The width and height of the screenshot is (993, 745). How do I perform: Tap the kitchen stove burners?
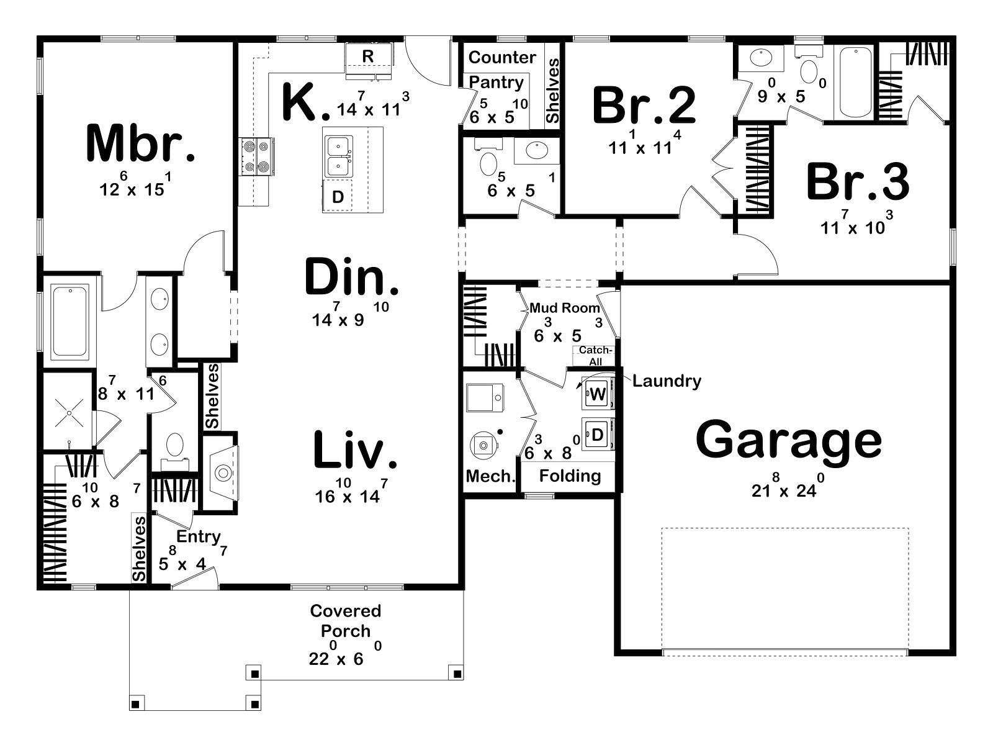click(256, 156)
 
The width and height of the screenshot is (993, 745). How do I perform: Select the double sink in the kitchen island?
click(338, 156)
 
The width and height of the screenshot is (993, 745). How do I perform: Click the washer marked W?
click(598, 394)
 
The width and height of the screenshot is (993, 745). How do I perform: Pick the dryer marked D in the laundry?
click(598, 435)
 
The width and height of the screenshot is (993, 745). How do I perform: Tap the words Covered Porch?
click(346, 621)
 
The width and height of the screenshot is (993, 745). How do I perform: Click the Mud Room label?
click(565, 308)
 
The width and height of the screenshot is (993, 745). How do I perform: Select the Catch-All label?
click(595, 356)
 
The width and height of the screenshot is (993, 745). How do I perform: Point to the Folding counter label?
click(570, 476)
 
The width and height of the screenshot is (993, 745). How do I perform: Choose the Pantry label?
click(496, 83)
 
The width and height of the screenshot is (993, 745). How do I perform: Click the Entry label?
click(198, 538)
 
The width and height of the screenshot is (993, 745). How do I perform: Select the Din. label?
click(351, 276)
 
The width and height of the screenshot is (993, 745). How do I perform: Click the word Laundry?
click(667, 381)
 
